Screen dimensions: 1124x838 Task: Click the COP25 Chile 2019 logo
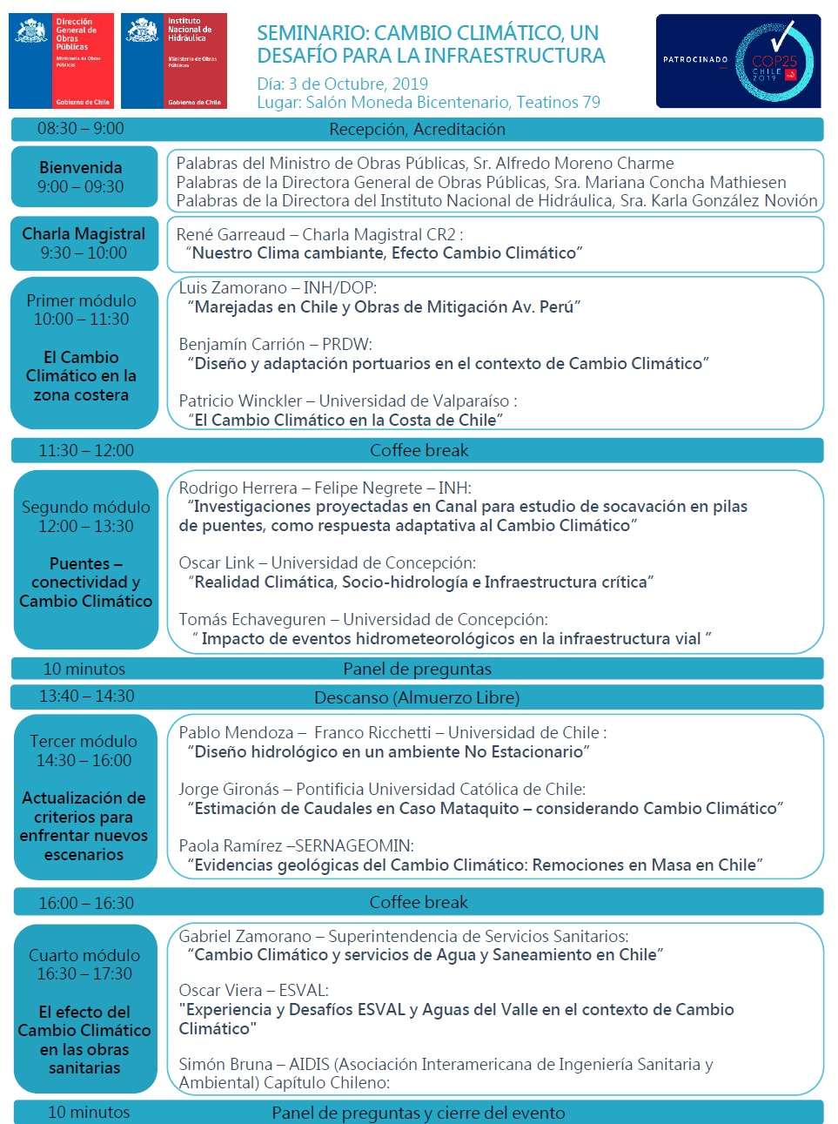[774, 61]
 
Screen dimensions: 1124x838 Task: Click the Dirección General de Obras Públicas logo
[61, 60]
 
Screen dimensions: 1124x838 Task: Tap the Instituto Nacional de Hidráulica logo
[173, 60]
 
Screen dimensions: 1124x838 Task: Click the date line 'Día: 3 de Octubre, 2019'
[342, 84]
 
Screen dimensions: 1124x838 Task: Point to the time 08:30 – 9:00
[80, 129]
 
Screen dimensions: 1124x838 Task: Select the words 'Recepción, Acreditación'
[417, 130]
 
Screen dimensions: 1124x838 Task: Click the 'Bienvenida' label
[80, 167]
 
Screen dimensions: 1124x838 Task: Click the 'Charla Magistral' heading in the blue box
[84, 233]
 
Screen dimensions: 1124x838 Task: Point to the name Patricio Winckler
[240, 400]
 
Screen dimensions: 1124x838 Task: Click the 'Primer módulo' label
[81, 300]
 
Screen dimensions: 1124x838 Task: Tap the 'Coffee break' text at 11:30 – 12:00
[419, 450]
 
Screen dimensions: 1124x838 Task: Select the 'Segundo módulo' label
[85, 507]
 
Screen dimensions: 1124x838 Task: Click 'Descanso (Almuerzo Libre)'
[417, 697]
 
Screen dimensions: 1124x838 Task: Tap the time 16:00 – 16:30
[86, 903]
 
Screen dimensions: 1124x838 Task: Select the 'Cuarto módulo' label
[84, 955]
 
